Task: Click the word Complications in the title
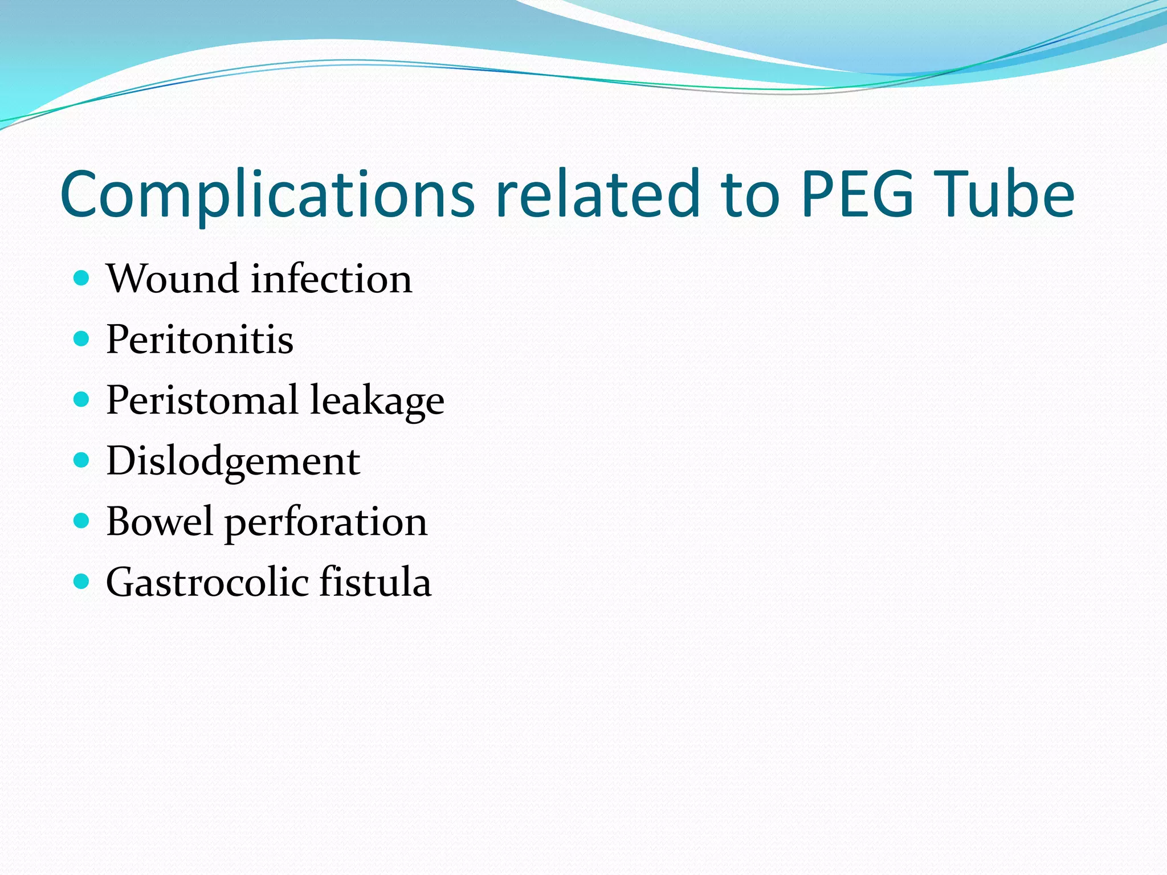click(x=267, y=195)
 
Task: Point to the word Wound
click(x=172, y=279)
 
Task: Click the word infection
click(x=332, y=279)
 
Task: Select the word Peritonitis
click(x=199, y=340)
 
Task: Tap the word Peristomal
click(x=202, y=400)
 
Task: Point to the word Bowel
click(x=160, y=522)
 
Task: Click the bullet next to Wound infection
click(x=82, y=278)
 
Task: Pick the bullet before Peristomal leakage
click(x=82, y=399)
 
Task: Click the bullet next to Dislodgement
click(x=82, y=460)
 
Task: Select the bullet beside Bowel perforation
click(x=82, y=521)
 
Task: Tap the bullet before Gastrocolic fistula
click(x=82, y=581)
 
